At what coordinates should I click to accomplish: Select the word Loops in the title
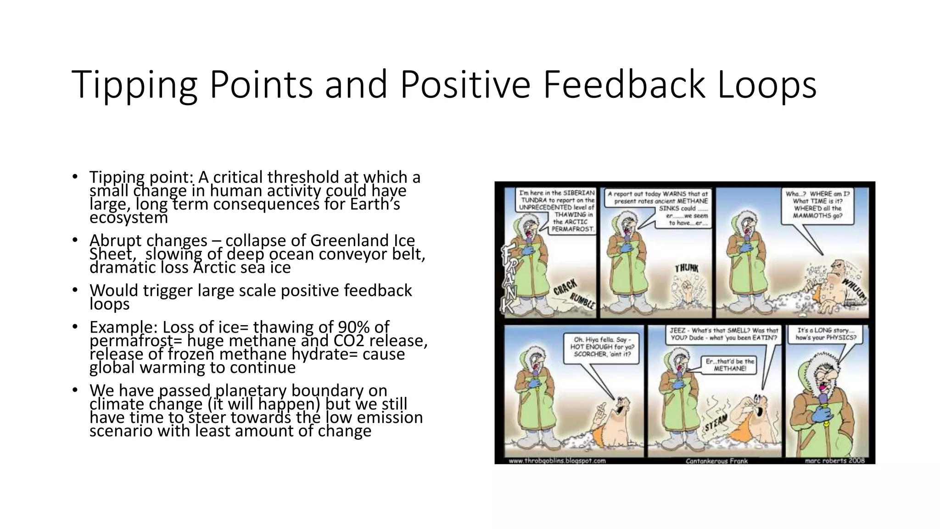[767, 84]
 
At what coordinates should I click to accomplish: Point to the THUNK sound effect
[686, 268]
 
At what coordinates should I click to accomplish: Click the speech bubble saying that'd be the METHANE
[730, 365]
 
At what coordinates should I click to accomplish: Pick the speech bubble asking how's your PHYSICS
[826, 334]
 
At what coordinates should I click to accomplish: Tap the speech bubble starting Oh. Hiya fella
[601, 347]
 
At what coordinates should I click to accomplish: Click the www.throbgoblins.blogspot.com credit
[557, 461]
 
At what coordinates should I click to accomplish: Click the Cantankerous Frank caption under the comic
[716, 461]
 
